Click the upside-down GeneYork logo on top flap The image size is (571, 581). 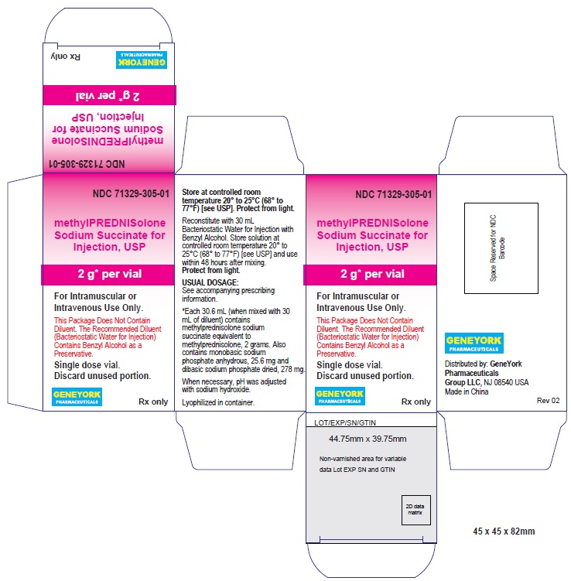pyautogui.click(x=141, y=60)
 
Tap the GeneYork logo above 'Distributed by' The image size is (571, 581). pyautogui.click(x=474, y=343)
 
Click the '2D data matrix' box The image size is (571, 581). pyautogui.click(x=415, y=510)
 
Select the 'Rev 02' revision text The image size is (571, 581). pyautogui.click(x=548, y=401)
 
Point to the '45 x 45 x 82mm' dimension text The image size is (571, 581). pyautogui.click(x=504, y=531)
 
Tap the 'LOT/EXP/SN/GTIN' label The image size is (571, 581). pyautogui.click(x=345, y=422)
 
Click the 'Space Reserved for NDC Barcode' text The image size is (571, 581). pyautogui.click(x=497, y=248)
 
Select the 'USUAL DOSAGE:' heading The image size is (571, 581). pyautogui.click(x=210, y=282)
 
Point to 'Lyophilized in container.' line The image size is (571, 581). pyautogui.click(x=218, y=402)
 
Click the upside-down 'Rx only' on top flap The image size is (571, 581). pyautogui.click(x=66, y=56)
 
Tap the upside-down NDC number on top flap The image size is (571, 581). pyautogui.click(x=87, y=164)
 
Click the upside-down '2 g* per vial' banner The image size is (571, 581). pyautogui.click(x=108, y=96)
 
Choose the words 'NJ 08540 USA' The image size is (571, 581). pyautogui.click(x=506, y=382)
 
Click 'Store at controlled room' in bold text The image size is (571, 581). pyautogui.click(x=221, y=192)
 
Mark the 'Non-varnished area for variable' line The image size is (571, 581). pyautogui.click(x=363, y=459)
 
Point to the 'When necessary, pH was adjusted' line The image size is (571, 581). pyautogui.click(x=234, y=381)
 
